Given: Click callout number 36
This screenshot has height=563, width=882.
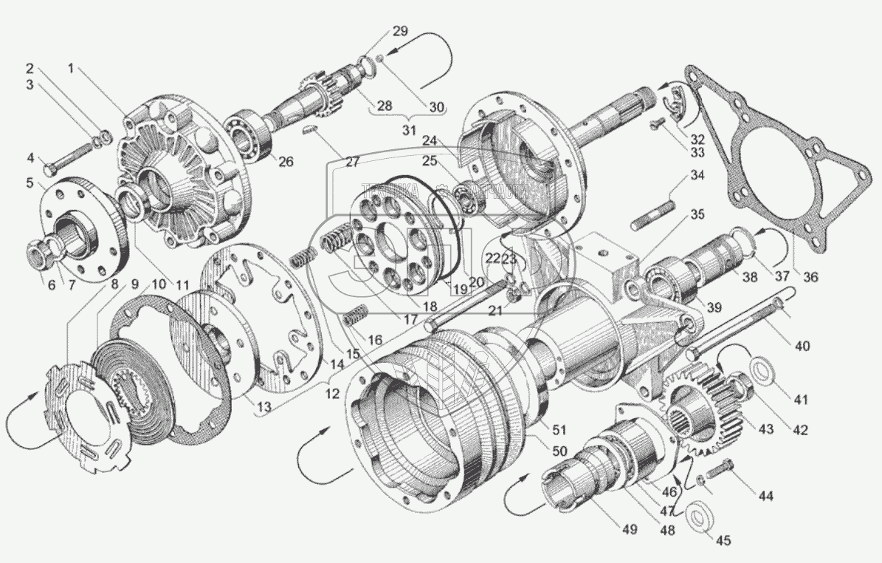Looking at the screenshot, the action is pos(810,278).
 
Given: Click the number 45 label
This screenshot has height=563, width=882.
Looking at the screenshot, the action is pos(723,541).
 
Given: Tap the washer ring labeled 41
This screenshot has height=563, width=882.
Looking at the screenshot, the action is pos(762,367).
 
